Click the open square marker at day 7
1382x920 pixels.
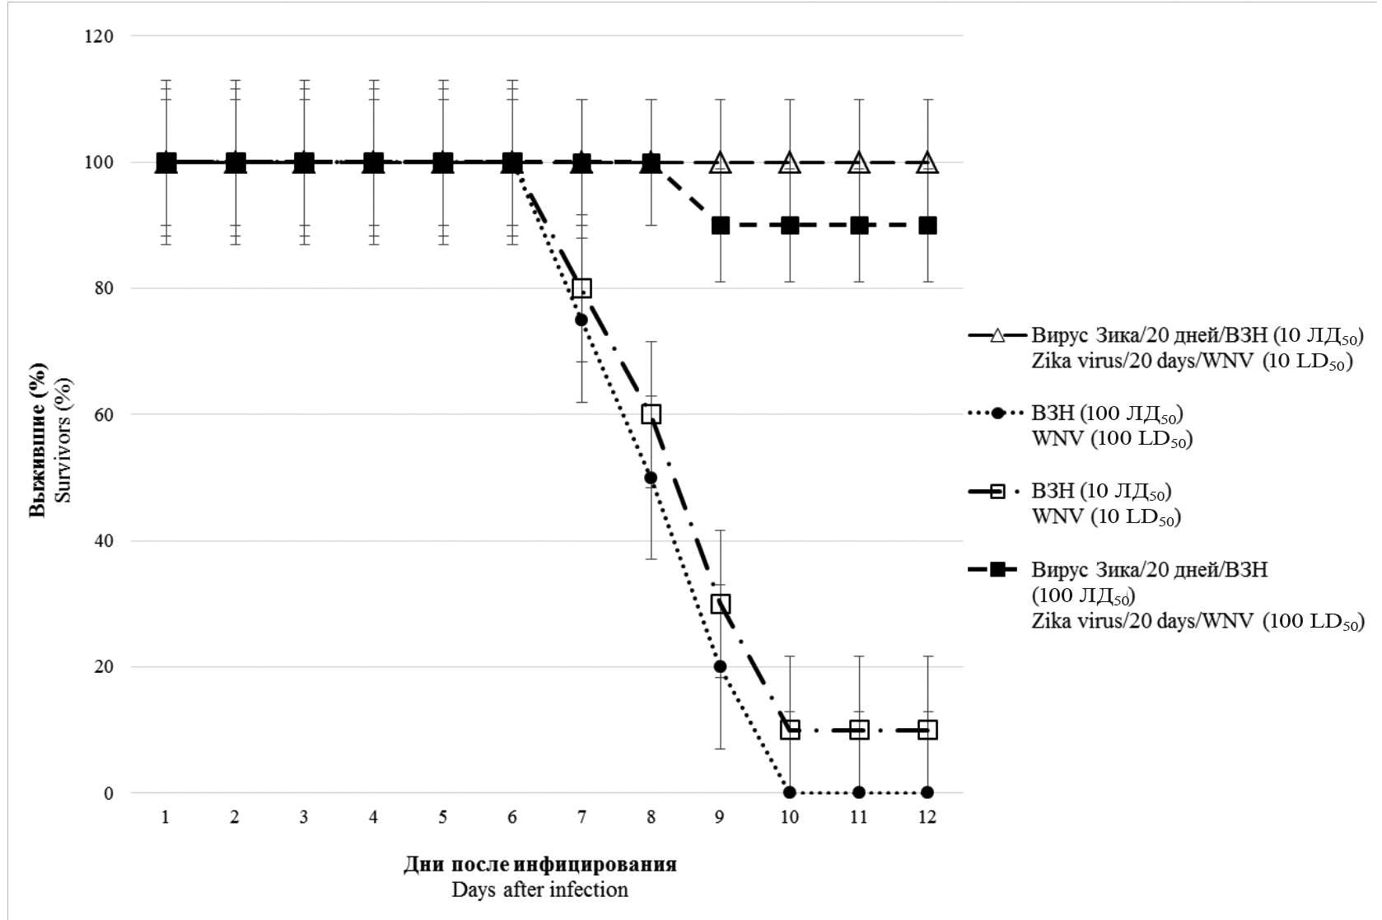pos(581,288)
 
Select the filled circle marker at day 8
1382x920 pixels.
pos(651,478)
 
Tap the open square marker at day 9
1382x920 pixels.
pos(721,604)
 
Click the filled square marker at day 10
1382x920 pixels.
pos(790,226)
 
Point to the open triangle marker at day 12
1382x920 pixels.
pos(928,162)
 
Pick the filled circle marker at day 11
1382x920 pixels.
pos(859,792)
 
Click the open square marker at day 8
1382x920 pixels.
pos(651,414)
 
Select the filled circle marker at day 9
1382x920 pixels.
pos(721,666)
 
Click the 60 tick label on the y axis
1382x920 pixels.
pos(103,414)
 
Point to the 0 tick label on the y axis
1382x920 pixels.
pos(108,793)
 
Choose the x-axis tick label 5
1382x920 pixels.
pos(443,818)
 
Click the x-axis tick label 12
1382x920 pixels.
pos(927,818)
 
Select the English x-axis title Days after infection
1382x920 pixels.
pos(539,890)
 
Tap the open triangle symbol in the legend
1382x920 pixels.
pos(997,336)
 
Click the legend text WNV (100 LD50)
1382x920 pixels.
pos(1112,439)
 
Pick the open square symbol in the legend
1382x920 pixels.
pos(997,492)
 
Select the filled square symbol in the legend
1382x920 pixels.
pos(997,569)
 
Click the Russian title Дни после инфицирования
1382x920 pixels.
pos(539,865)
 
